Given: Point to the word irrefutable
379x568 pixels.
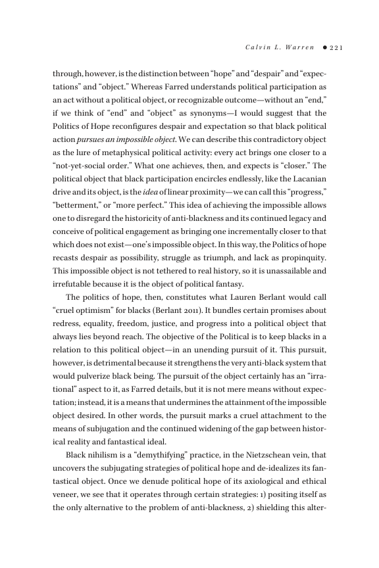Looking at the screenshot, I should point(73,289).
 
